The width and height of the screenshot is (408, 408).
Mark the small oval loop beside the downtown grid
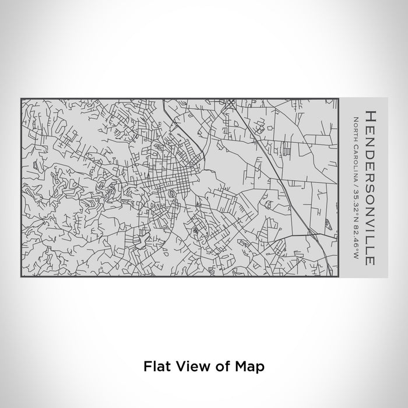coord(171,193)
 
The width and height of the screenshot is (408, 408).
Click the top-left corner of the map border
coord(21,99)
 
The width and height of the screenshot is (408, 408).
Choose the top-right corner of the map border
coord(339,99)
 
